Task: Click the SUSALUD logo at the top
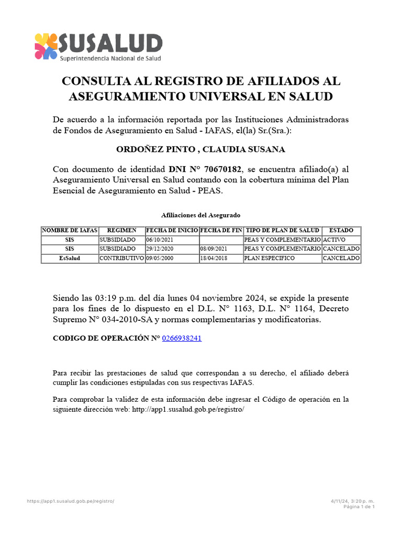(x=98, y=46)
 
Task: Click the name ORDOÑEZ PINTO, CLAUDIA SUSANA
(x=200, y=149)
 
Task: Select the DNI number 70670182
(x=224, y=169)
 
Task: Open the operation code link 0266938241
(x=182, y=338)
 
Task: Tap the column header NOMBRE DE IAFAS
(x=70, y=230)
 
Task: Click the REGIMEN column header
(x=121, y=230)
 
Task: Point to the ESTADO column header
(x=341, y=230)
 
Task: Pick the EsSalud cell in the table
(x=70, y=258)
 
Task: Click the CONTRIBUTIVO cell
(x=121, y=258)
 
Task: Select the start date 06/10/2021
(x=159, y=239)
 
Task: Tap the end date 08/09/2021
(x=213, y=249)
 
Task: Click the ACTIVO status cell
(x=334, y=239)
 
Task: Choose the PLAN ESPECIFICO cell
(x=270, y=258)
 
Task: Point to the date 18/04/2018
(x=213, y=258)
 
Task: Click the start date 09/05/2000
(x=159, y=258)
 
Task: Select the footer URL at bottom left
(x=70, y=501)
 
